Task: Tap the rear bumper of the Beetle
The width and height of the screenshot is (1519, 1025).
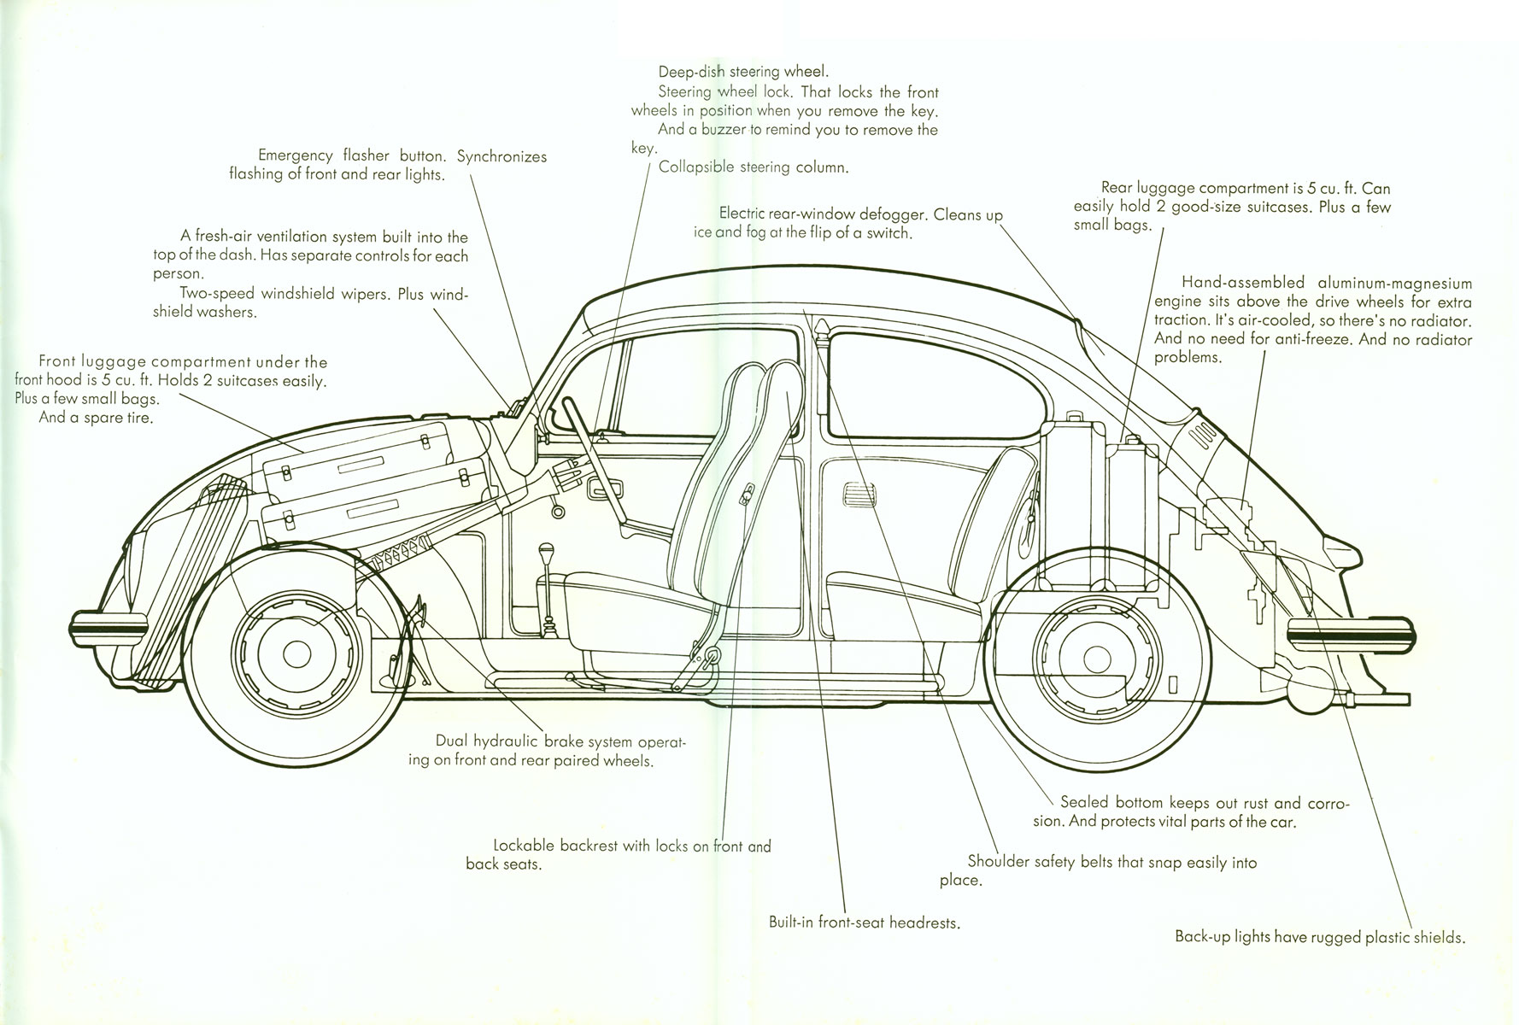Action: click(1350, 637)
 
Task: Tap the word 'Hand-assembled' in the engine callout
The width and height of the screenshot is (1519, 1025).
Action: click(1243, 284)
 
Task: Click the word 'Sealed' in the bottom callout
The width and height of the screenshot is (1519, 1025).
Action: click(1084, 803)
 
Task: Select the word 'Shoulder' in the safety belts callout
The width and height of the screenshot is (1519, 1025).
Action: click(997, 862)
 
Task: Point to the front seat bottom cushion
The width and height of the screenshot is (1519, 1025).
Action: click(632, 589)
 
